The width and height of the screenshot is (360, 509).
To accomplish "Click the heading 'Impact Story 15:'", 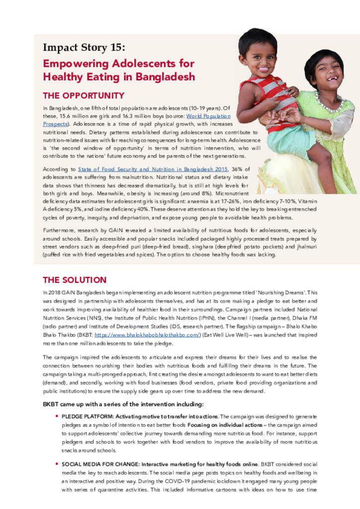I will pos(84,48).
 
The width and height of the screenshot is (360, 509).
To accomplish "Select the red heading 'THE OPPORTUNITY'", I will pos(84,95).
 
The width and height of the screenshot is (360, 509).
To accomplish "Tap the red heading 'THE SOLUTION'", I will pos(75,280).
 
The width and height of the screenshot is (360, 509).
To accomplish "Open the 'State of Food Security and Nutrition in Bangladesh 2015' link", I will pos(152,170).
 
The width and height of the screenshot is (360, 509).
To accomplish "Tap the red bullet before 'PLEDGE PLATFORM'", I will pos(57,416).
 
